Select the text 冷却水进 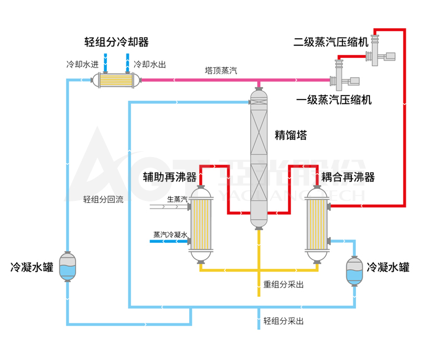click(x=82, y=65)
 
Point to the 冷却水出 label click(x=150, y=65)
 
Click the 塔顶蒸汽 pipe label click(x=220, y=70)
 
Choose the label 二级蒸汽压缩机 click(x=331, y=41)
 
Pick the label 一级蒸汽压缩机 click(x=334, y=100)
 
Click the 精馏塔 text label click(x=290, y=136)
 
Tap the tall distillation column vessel click(x=259, y=157)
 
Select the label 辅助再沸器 click(x=169, y=177)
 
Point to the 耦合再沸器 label click(x=348, y=177)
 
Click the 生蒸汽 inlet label click(x=177, y=199)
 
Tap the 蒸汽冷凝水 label click(x=170, y=235)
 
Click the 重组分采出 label click(x=284, y=285)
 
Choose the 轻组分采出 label click(x=284, y=321)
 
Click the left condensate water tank click(x=68, y=267)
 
